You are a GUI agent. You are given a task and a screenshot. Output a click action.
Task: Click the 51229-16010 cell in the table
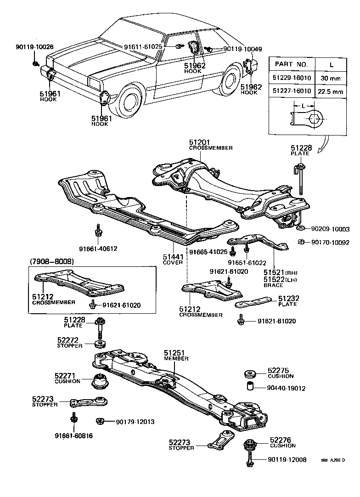pos(292,78)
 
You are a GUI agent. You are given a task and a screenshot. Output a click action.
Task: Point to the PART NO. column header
pos(292,65)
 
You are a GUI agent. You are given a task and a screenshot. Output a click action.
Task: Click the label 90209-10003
pos(330,229)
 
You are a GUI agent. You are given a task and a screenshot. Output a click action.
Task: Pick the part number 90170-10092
pos(330,242)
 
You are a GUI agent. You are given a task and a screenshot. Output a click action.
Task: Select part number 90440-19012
pos(286,388)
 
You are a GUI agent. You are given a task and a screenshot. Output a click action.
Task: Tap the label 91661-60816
pos(73,435)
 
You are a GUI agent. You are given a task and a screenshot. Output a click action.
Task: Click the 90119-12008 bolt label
pos(287,460)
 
